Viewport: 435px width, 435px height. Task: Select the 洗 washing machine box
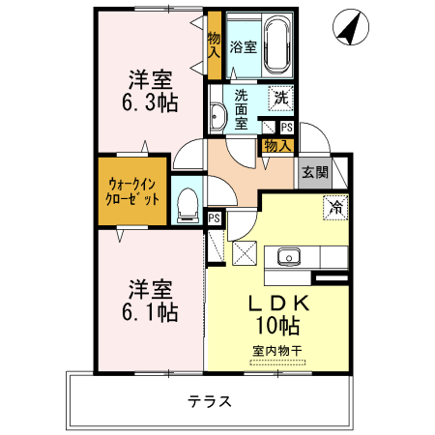coord(280,97)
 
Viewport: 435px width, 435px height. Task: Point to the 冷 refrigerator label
coord(336,206)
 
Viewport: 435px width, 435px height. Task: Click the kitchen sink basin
coord(287,257)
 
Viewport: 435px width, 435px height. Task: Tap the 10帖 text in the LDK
coord(279,326)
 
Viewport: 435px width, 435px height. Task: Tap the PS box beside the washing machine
coord(286,127)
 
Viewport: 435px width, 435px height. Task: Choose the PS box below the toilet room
coord(215,218)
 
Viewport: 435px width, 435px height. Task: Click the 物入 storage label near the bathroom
coord(215,45)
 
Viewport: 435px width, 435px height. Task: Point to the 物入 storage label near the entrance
coord(278,145)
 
